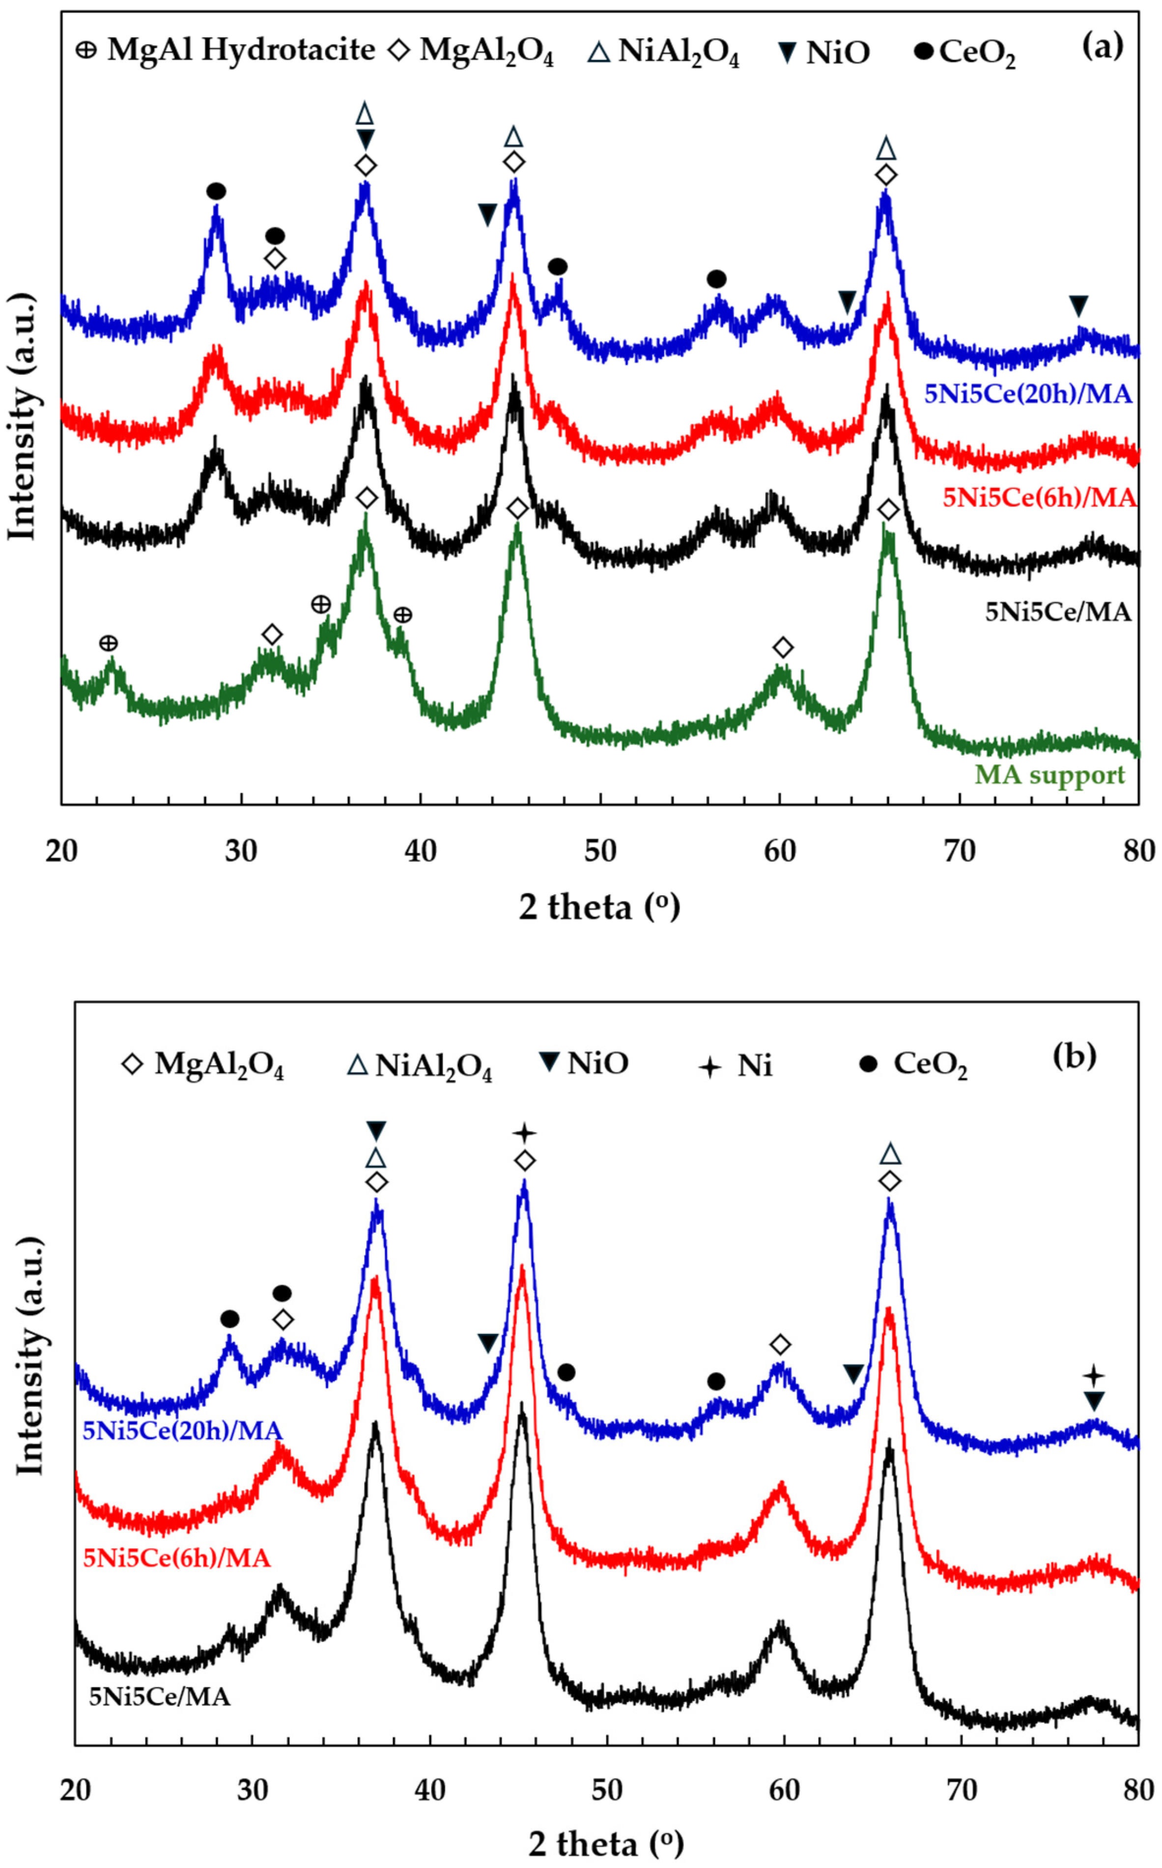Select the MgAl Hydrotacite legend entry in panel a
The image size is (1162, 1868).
click(x=225, y=51)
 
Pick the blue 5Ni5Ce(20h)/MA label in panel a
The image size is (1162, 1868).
click(x=1027, y=394)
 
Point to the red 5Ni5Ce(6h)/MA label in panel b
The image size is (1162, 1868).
click(x=176, y=1557)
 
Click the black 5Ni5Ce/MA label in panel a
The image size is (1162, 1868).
click(x=1057, y=612)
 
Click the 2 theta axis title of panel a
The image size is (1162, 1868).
click(x=599, y=906)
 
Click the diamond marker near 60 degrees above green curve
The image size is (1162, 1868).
click(x=782, y=647)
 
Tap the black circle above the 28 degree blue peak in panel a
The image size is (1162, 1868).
click(x=216, y=191)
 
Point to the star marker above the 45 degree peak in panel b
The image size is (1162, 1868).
click(x=524, y=1132)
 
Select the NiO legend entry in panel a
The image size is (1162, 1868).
click(x=823, y=52)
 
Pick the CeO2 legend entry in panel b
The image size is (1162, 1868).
click(x=914, y=1065)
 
